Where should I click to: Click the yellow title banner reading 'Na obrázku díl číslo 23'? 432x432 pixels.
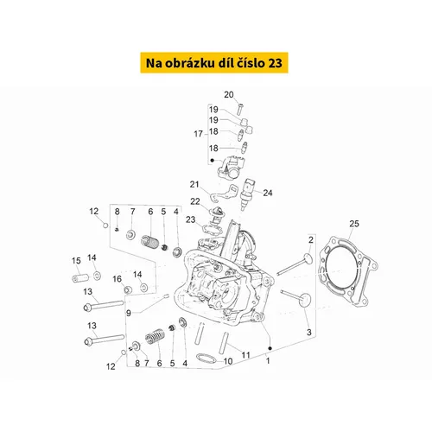[x=214, y=62]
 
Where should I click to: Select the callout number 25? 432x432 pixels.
[x=354, y=224]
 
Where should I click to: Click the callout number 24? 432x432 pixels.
[x=268, y=193]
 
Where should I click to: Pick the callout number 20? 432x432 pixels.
[x=229, y=94]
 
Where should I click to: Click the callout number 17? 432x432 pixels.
[x=198, y=134]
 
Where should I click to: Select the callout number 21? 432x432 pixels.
[x=194, y=184]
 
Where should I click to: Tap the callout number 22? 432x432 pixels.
[x=195, y=201]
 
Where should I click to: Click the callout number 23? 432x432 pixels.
[x=191, y=219]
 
